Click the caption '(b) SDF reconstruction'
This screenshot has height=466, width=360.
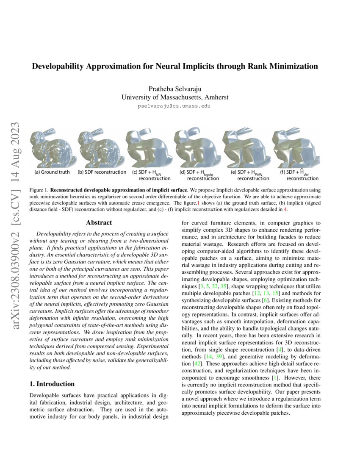pyautogui.click(x=102, y=172)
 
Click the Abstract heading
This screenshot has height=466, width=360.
pyautogui.click(x=99, y=222)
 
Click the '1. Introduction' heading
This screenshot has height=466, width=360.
pyautogui.click(x=53, y=384)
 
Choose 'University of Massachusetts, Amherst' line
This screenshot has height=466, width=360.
pyautogui.click(x=174, y=97)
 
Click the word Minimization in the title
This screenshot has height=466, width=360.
pyautogui.click(x=289, y=67)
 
